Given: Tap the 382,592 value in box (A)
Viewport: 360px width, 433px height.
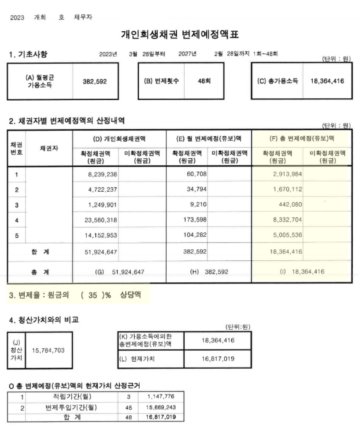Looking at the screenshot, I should pos(95,81).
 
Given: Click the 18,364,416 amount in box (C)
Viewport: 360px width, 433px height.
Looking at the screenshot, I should pos(327,81).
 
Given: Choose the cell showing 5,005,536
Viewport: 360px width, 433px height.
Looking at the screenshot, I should pos(286,235).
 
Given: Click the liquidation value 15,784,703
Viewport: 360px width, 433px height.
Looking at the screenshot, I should pos(46,351).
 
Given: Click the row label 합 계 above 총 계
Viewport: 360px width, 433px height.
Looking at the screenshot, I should pos(40,251).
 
